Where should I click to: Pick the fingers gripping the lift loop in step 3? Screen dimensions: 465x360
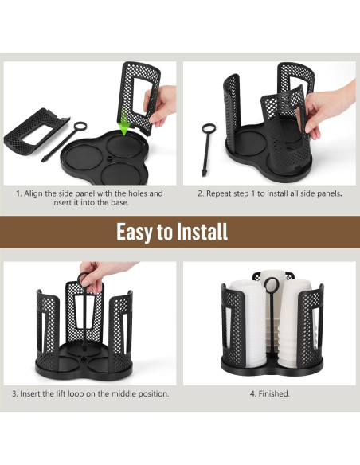pyautogui.click(x=92, y=273)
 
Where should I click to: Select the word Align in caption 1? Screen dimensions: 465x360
pyautogui.click(x=37, y=193)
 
